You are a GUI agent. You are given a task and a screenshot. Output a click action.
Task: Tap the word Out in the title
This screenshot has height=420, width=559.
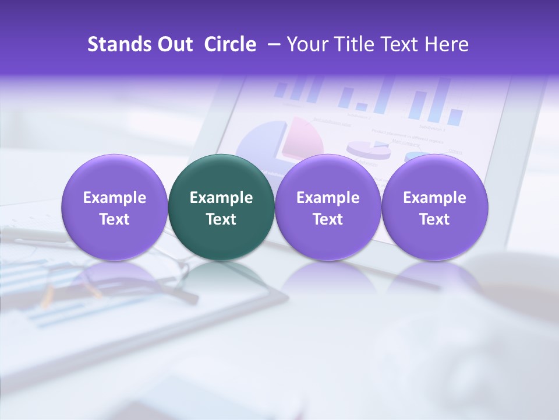click(x=174, y=44)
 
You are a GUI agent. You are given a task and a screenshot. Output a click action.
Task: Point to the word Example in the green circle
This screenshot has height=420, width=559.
click(x=221, y=198)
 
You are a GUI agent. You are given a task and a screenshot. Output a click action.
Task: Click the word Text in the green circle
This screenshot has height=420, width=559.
click(x=221, y=219)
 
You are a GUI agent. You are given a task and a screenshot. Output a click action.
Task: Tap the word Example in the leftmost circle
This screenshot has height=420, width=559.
click(x=114, y=198)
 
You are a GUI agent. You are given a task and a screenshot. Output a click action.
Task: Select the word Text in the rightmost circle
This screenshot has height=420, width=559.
click(x=434, y=219)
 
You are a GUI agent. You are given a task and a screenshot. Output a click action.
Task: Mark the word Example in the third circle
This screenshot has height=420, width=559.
click(x=328, y=198)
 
